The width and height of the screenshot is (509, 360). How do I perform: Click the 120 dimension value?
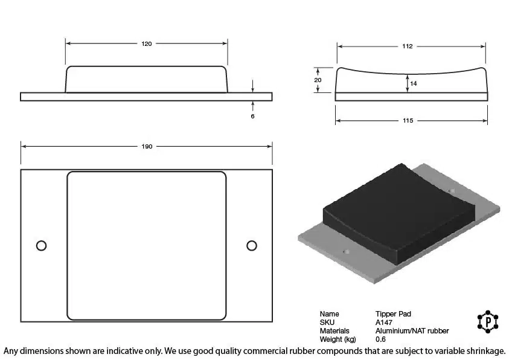tap(146, 44)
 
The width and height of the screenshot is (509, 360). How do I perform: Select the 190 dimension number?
tap(147, 146)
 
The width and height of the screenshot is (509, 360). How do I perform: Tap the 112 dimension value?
tap(407, 47)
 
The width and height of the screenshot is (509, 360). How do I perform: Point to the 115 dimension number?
tap(408, 121)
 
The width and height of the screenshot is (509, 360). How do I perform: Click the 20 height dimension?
tap(318, 80)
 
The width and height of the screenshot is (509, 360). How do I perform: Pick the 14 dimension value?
tap(413, 83)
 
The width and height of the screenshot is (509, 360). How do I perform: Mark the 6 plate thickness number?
tap(252, 116)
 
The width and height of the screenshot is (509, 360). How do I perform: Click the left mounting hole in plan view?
tap(41, 246)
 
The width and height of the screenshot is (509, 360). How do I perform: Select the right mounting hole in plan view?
tap(252, 246)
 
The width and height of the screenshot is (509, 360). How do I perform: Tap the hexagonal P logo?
tap(488, 322)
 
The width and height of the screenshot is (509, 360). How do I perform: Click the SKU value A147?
tap(383, 323)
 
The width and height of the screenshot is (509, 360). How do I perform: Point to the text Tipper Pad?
tap(393, 314)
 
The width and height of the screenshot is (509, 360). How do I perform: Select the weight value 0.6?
tap(380, 339)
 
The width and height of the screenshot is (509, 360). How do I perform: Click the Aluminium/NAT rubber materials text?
tap(412, 331)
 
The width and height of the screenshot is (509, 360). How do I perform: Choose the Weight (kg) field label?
tap(338, 339)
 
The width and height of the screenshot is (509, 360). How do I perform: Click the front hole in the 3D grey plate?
tap(346, 252)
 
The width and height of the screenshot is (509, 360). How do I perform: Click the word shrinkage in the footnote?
tap(485, 351)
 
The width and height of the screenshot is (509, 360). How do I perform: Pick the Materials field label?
tap(335, 331)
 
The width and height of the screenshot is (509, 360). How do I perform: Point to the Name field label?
tap(329, 314)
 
